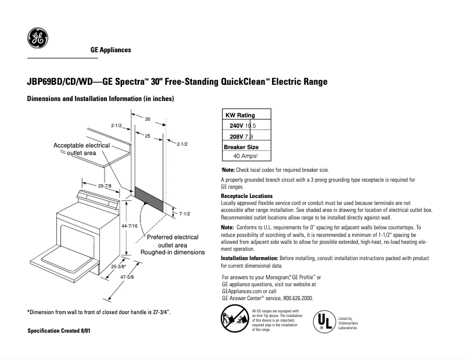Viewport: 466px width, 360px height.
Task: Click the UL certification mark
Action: click(x=324, y=322)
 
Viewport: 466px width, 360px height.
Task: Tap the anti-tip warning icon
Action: click(x=234, y=320)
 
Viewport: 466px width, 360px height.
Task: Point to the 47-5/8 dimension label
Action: click(x=127, y=278)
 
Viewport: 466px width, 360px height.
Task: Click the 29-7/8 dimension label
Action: click(x=105, y=185)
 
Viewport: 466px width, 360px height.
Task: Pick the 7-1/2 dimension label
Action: click(x=185, y=214)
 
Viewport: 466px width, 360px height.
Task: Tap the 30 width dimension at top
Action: click(x=148, y=119)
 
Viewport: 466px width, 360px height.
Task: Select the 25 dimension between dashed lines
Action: click(x=148, y=135)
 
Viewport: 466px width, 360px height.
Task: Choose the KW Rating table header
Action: click(x=240, y=115)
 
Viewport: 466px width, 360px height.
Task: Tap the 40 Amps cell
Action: click(x=245, y=156)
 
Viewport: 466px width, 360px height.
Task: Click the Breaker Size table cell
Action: click(x=241, y=147)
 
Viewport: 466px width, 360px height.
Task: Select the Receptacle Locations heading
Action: click(x=246, y=196)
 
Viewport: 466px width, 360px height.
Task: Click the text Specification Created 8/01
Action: click(x=59, y=330)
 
